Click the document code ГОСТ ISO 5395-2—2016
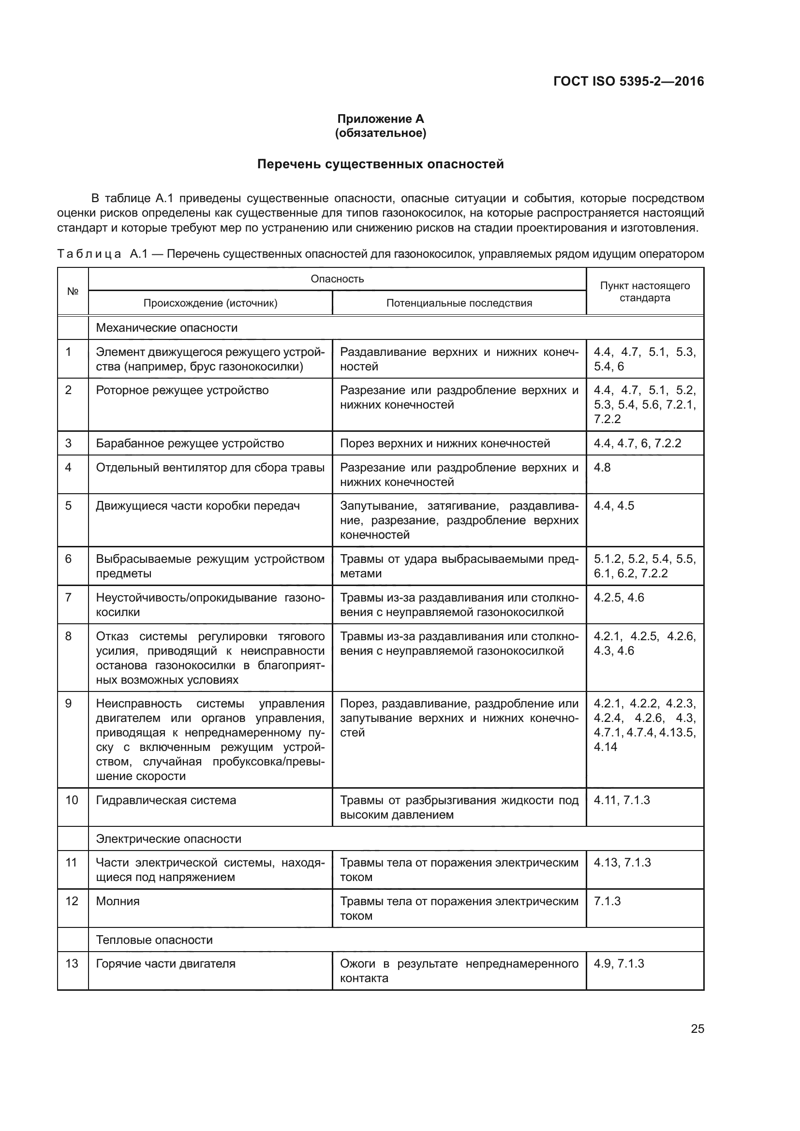pos(629,81)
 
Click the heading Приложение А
pos(380,119)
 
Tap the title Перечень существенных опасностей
pos(380,164)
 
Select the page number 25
pos(697,1028)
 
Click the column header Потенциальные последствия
pos(459,303)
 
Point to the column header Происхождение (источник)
pos(210,303)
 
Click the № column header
pos(73,291)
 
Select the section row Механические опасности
pos(166,327)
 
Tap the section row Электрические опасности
pos(168,838)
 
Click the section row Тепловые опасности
pos(154,940)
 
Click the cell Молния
pos(118,901)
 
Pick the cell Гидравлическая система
pos(166,800)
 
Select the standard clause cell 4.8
pos(602,467)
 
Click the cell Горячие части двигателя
pos(165,964)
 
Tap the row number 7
pos(69,598)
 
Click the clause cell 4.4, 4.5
pos(614,506)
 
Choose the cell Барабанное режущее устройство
pos(190,443)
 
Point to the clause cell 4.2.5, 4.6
pos(619,598)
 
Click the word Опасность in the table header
pos(337,279)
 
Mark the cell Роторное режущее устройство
pos(182,390)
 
